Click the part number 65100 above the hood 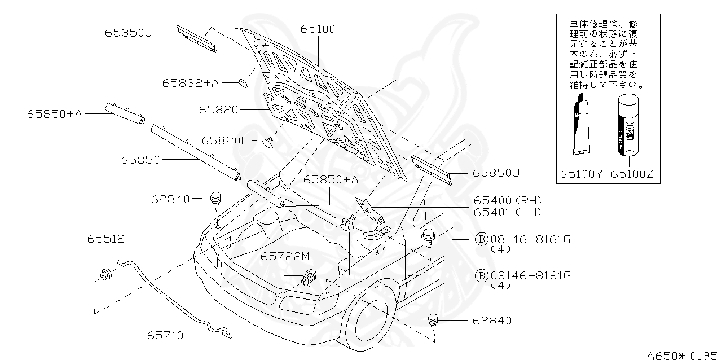317,29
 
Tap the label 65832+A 190,83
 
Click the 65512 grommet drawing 105,275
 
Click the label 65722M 285,257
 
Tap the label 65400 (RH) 507,201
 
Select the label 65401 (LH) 507,213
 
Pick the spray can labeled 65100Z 627,125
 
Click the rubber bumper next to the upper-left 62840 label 215,199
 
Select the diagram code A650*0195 682,355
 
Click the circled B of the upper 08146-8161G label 481,239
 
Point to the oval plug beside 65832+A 243,84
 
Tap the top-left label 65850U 128,33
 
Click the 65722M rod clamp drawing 307,278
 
